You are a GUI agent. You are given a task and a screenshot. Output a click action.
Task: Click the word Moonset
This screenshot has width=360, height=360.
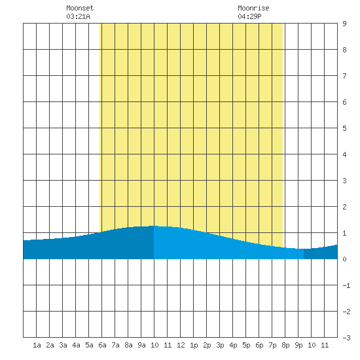coord(80,8)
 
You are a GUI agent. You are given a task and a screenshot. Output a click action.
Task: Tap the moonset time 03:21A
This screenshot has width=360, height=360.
coord(78,16)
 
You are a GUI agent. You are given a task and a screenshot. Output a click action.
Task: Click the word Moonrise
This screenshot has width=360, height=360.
coord(253,8)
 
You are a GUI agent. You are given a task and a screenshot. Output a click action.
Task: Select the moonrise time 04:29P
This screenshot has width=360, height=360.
coord(249,16)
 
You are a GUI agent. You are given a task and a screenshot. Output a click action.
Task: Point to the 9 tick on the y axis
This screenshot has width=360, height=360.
coord(344,24)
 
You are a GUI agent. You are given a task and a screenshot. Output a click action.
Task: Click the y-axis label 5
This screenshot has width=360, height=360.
coord(344,128)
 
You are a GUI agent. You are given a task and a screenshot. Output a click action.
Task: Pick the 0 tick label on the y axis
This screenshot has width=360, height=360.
coord(344,259)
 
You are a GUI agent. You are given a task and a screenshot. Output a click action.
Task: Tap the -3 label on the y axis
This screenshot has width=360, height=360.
coord(346,338)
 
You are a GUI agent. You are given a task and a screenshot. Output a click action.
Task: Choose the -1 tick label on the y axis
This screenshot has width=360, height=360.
coord(346,285)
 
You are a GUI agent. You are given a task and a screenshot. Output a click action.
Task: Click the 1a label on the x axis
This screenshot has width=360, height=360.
coord(37,345)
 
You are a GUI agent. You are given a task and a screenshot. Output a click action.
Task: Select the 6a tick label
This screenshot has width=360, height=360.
coord(102,345)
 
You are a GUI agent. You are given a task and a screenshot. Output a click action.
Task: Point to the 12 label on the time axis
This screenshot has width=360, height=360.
coord(181,345)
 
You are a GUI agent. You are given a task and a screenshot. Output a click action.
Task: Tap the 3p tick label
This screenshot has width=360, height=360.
coord(220,345)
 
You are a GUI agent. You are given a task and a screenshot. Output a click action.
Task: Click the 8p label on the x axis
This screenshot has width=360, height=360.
coord(285,345)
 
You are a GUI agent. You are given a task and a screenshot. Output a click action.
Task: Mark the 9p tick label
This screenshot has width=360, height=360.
coord(298,345)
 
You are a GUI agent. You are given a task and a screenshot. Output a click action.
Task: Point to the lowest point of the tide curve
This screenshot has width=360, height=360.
coord(301,249)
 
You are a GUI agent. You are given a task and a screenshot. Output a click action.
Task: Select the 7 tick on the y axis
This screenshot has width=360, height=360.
coord(344,76)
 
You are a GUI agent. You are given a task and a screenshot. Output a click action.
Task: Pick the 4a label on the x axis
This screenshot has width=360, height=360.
coord(76,345)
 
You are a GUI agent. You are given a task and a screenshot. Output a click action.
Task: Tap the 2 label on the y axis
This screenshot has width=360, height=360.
coord(344,207)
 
